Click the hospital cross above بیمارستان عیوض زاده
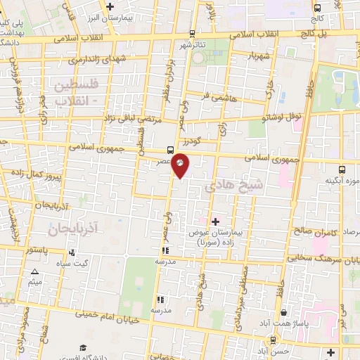(x=215, y=221)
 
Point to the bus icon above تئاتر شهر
(x=193, y=33)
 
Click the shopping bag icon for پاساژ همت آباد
(x=283, y=313)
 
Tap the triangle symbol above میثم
(x=34, y=272)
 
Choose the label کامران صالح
(x=312, y=232)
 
